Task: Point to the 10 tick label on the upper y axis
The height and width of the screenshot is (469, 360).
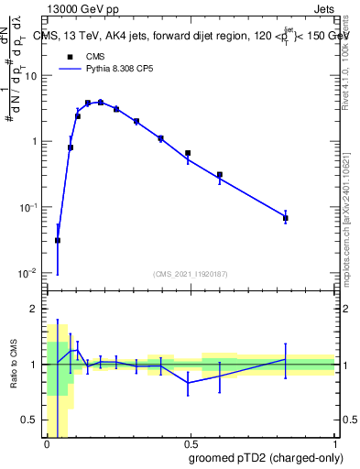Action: tap(29, 76)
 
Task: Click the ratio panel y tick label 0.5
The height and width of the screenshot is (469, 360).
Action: tap(31, 420)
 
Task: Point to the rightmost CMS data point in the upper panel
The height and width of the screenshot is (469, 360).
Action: tap(286, 218)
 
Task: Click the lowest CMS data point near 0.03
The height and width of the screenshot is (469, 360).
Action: tap(58, 241)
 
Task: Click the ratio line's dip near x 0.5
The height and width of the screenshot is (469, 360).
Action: tap(188, 383)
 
